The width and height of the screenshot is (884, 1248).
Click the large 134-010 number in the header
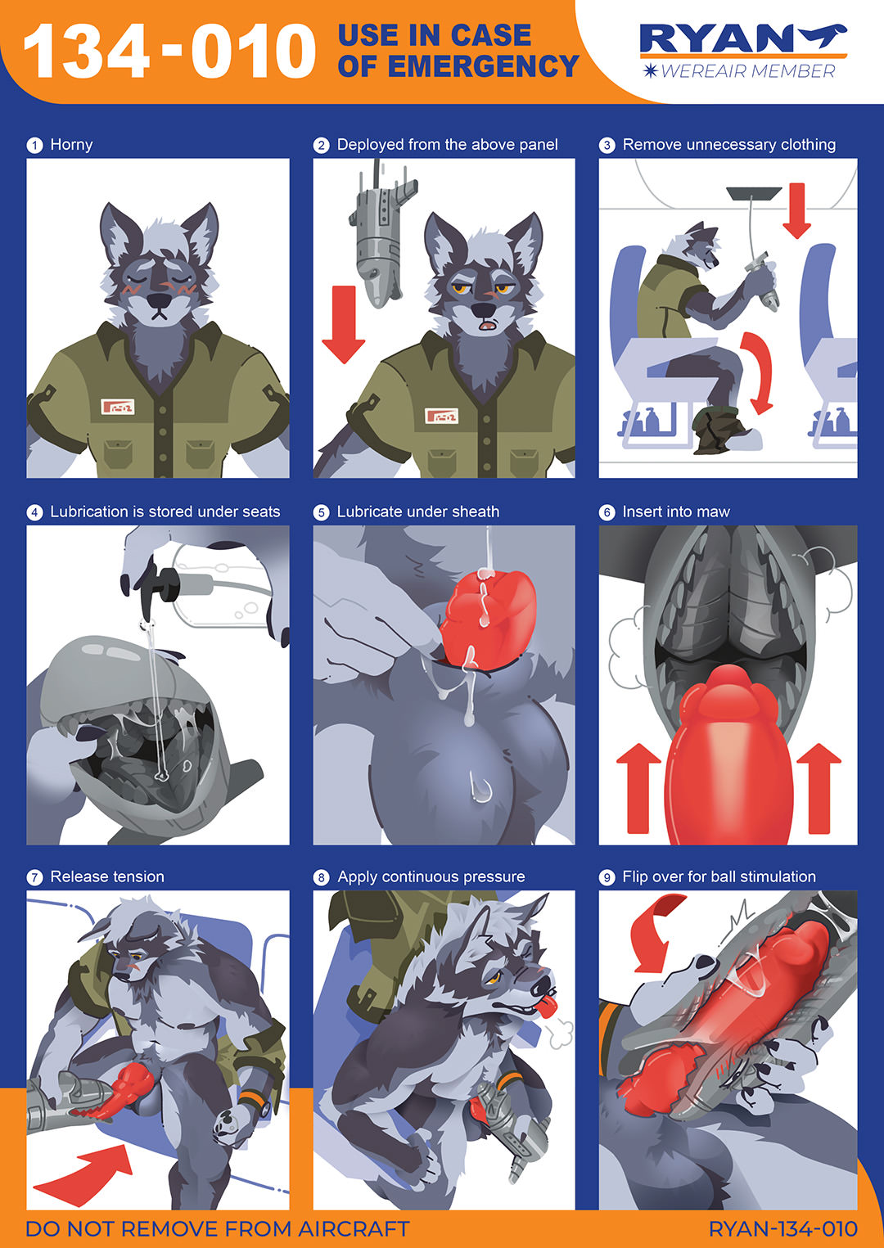click(169, 52)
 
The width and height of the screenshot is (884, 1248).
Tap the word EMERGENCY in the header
click(483, 66)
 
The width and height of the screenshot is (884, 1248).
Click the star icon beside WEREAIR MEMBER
click(650, 71)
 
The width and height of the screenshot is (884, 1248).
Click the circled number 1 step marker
click(34, 146)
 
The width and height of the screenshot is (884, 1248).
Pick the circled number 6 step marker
click(607, 512)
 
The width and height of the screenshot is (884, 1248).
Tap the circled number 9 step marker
click(607, 877)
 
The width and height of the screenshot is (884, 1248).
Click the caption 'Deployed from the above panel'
click(447, 145)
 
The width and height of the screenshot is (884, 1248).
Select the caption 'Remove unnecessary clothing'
click(729, 145)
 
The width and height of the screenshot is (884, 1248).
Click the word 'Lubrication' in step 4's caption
click(88, 511)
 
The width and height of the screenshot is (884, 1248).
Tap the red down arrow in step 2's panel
click(344, 324)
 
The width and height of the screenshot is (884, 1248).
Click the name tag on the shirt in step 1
click(118, 406)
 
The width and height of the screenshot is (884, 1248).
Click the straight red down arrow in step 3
click(797, 210)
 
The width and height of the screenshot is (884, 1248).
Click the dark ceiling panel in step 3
click(754, 193)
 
